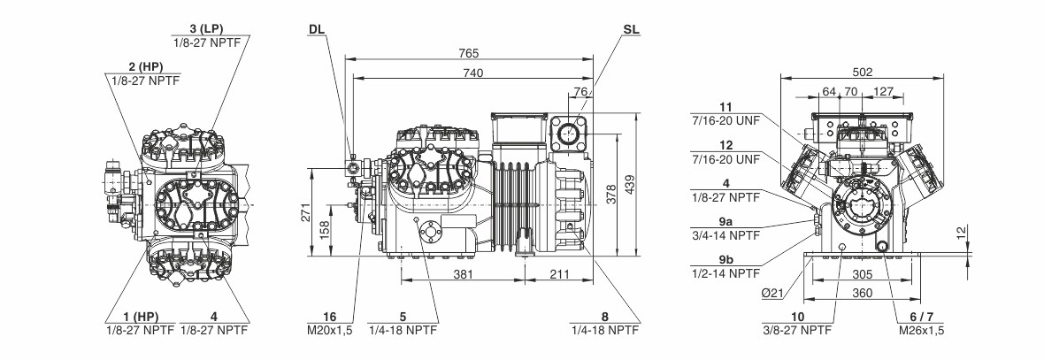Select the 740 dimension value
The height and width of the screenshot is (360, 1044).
pos(475,73)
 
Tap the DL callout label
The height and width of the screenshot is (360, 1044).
pos(317,29)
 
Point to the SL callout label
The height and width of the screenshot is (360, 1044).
pos(631,29)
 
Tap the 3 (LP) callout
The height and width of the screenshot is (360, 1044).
pos(211,29)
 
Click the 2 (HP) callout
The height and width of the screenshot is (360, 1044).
pos(145,66)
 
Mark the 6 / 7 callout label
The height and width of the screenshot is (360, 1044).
pos(919,316)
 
